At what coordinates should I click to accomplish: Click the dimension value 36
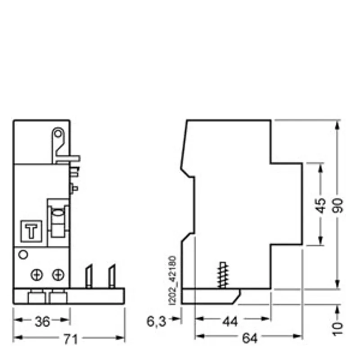click(42, 321)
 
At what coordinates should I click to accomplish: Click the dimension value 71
click(71, 339)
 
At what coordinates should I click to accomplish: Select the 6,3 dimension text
click(156, 321)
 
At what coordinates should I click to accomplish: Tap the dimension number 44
click(230, 321)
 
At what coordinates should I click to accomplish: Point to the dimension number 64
click(250, 338)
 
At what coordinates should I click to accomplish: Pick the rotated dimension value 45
click(321, 206)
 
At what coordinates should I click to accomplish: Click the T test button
click(31, 231)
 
